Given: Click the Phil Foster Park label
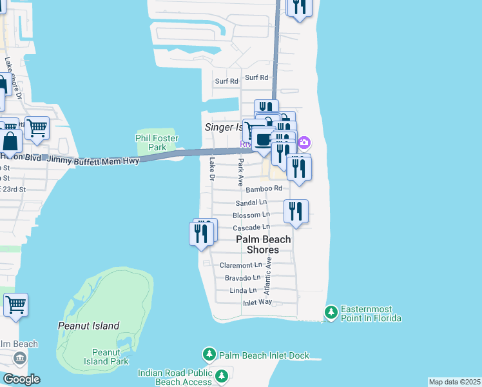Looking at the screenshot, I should coord(157,143).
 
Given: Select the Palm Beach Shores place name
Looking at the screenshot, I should coord(263,244).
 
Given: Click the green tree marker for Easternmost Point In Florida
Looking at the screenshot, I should coord(331,312).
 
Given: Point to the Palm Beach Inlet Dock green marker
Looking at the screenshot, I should coord(209,355).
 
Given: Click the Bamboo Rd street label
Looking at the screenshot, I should coord(264,189).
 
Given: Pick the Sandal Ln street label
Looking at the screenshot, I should coord(251,202).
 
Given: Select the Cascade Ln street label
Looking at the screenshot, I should coord(251,227).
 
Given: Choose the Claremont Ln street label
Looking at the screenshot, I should coord(241,265).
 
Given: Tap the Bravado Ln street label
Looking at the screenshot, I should coord(242,277).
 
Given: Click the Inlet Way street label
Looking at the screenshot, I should coord(258,303).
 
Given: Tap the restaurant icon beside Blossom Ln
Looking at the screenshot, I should coord(296,212).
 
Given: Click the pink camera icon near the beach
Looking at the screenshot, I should coord(304,142).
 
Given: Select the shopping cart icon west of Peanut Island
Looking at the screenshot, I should coord(15,304).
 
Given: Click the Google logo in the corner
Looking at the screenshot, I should coord(21,379).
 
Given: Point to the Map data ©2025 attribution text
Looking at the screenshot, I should coord(454,382).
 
